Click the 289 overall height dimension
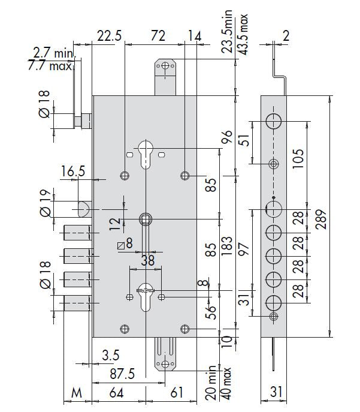click(322, 219)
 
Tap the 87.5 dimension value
click(122, 374)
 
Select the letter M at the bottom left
click(77, 393)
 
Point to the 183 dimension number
click(227, 246)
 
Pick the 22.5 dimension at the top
click(110, 35)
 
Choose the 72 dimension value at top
click(158, 35)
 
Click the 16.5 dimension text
click(73, 172)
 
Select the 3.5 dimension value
click(111, 355)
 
